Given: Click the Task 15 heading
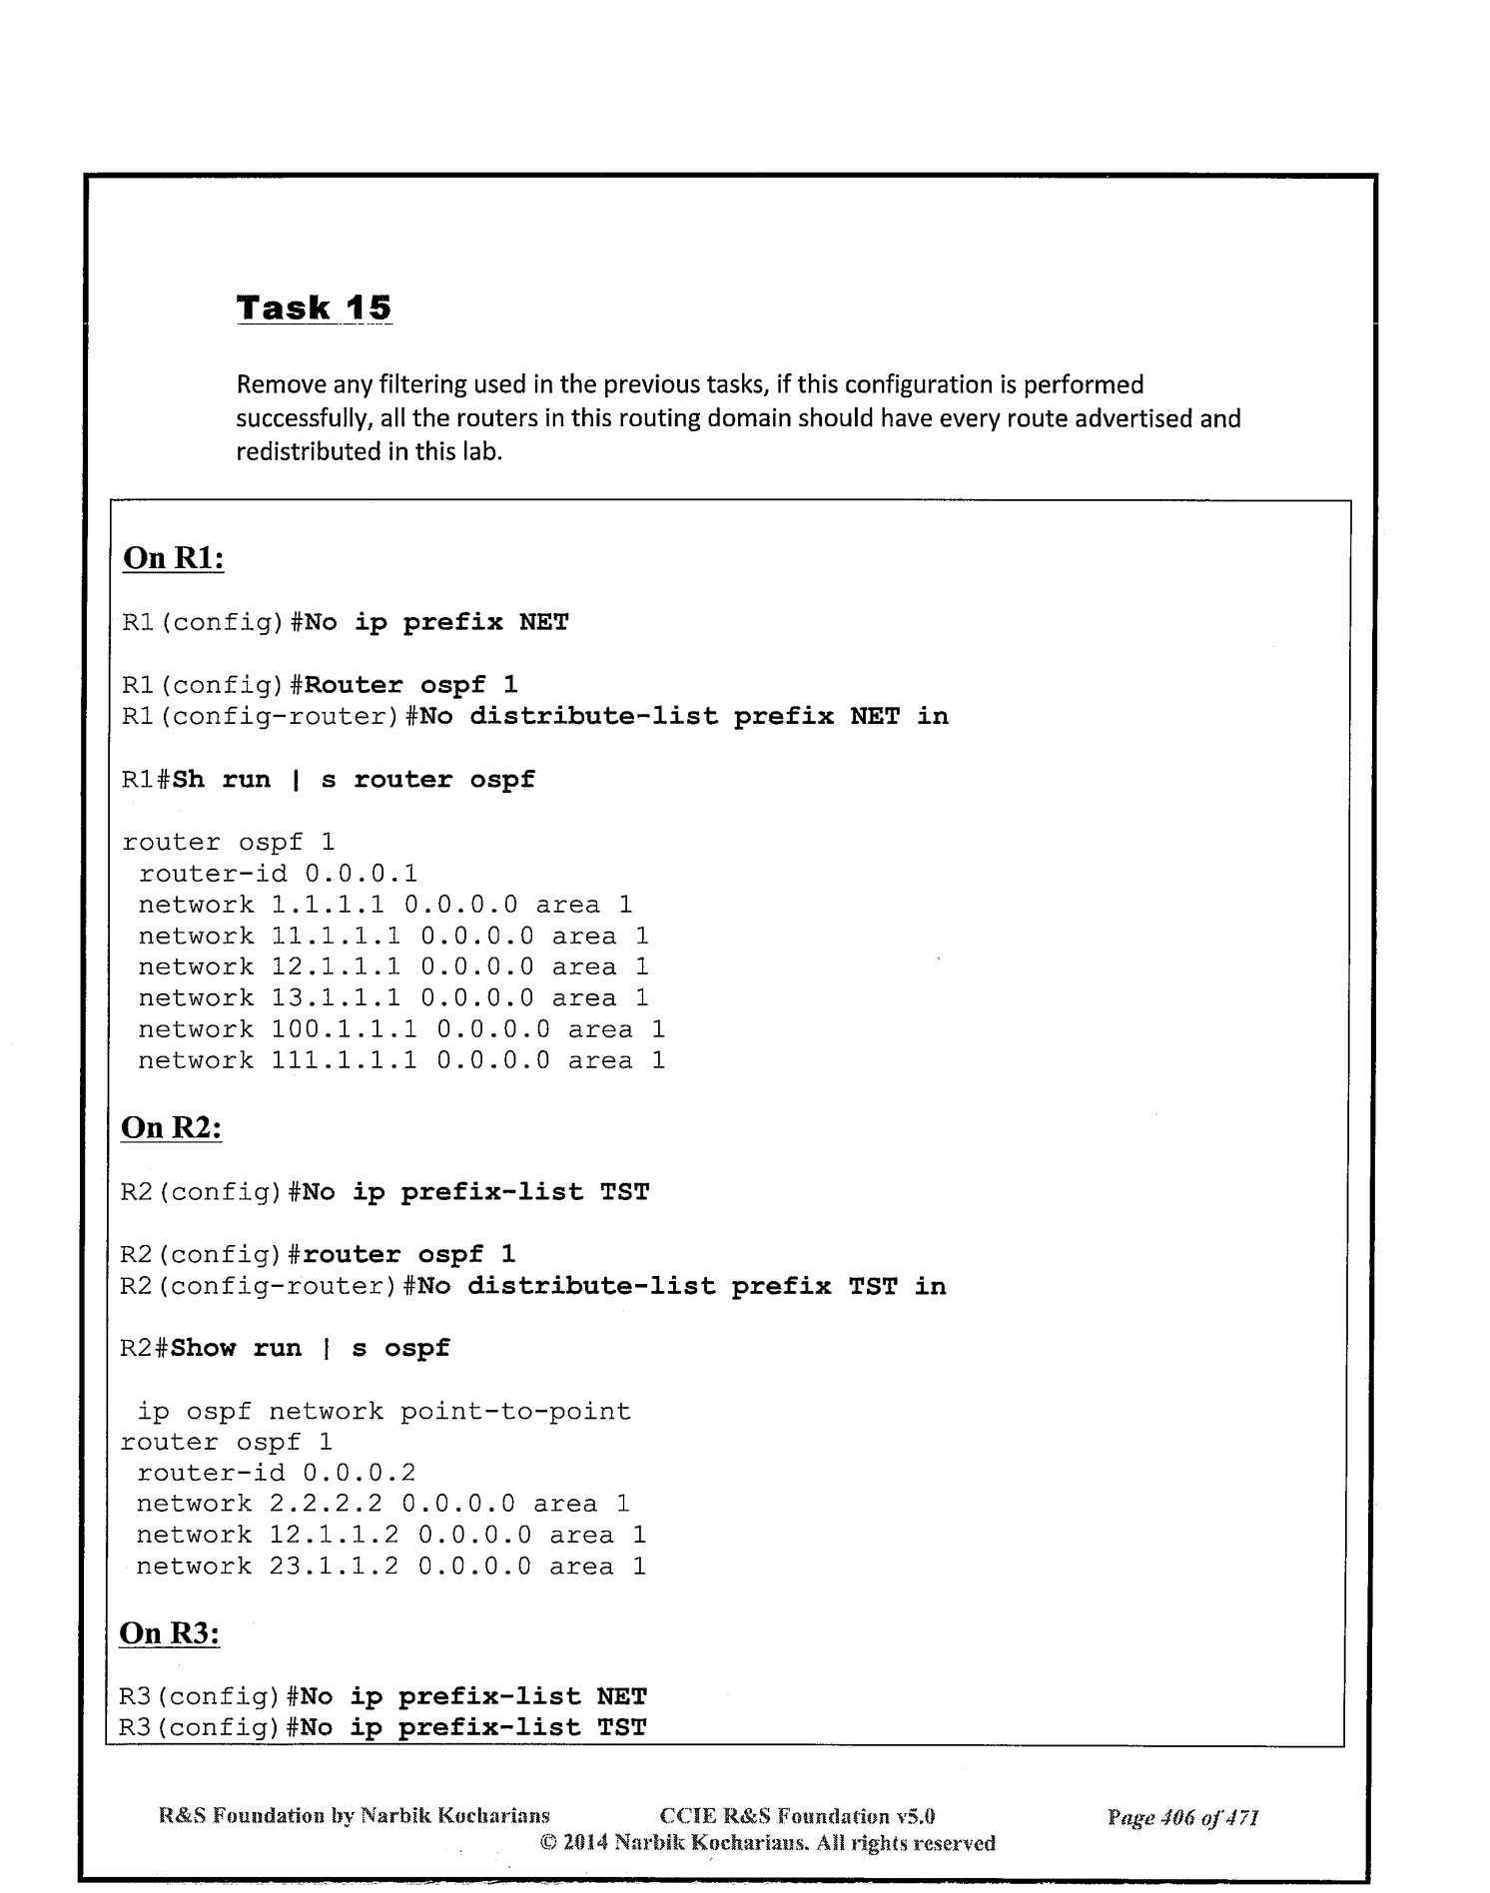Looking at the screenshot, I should (314, 308).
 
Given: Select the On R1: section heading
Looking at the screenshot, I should (173, 558).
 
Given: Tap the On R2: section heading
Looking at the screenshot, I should (171, 1127).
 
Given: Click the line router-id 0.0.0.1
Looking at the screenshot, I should (278, 874).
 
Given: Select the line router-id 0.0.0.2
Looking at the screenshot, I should (276, 1473).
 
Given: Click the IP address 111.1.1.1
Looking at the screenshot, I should (344, 1060).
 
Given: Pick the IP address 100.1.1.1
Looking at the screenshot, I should (344, 1029).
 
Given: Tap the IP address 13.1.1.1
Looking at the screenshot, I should (336, 997).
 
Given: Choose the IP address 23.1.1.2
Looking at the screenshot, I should (334, 1566).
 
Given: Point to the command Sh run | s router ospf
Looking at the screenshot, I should (354, 780).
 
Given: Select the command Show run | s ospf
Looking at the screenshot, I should (310, 1349).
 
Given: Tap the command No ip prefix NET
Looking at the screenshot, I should (436, 623).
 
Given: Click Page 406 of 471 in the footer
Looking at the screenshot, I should (1182, 1817).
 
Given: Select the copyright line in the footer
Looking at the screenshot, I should (767, 1843).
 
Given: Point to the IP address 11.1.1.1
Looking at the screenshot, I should (336, 936).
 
